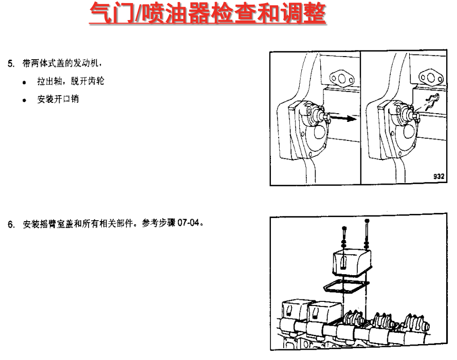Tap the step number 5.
click(x=10, y=64)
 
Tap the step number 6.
click(x=10, y=225)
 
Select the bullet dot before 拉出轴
click(x=24, y=82)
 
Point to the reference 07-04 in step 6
click(x=188, y=225)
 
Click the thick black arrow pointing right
click(x=342, y=119)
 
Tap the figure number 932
click(x=438, y=176)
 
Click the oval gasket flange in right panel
click(x=430, y=79)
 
